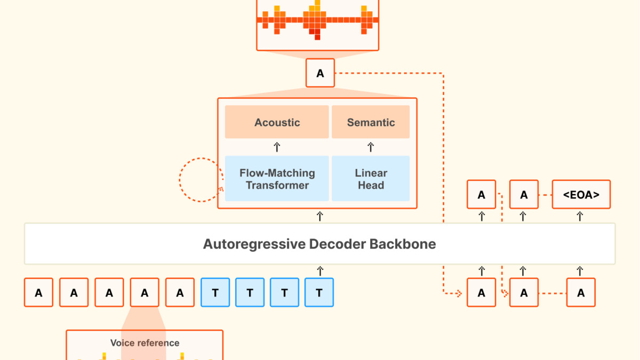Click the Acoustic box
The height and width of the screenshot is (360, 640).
tap(277, 122)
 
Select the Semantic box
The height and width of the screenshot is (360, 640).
tap(371, 122)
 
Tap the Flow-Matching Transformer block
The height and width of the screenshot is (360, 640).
tap(277, 179)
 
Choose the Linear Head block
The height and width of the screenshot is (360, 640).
tap(371, 179)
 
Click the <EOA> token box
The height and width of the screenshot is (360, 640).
tap(581, 195)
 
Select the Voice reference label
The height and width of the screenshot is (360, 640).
tap(145, 343)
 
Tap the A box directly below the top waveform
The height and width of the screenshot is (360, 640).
tap(320, 73)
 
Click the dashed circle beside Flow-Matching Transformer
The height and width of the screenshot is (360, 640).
tap(200, 180)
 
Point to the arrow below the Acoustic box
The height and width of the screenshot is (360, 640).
tap(277, 147)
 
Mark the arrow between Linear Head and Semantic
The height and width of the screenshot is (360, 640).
tap(371, 147)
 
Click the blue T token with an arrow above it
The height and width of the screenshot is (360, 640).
tap(319, 292)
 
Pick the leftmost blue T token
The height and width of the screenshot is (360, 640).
tap(215, 292)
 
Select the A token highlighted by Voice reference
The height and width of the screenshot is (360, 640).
tap(145, 292)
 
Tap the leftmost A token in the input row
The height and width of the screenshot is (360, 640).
tap(38, 292)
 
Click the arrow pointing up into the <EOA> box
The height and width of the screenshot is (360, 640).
tap(581, 216)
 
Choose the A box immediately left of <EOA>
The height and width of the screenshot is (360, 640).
tap(524, 195)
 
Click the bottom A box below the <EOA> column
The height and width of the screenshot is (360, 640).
tap(581, 292)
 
